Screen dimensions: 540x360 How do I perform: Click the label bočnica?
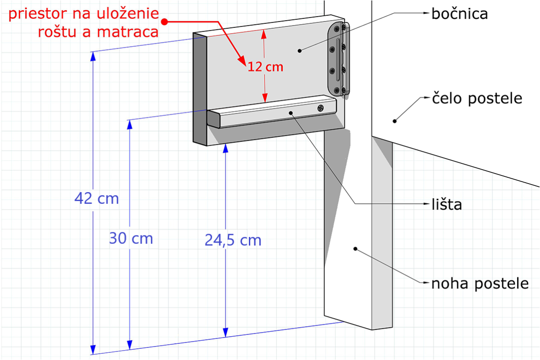(x=459, y=14)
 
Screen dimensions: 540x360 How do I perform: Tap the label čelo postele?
(x=477, y=99)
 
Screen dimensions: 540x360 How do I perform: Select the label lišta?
(x=446, y=204)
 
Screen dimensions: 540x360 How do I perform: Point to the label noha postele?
(x=480, y=283)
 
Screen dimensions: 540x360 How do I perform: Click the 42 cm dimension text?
(x=96, y=199)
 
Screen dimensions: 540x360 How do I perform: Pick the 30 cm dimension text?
(x=131, y=238)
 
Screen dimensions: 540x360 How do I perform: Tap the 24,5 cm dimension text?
(x=233, y=240)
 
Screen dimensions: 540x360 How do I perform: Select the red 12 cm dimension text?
(x=265, y=67)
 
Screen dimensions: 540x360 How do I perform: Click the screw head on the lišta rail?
(x=320, y=108)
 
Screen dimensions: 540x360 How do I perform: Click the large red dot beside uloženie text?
(x=164, y=22)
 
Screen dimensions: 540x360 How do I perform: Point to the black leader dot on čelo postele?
(x=395, y=121)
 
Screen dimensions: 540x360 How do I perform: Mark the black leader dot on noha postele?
(x=355, y=248)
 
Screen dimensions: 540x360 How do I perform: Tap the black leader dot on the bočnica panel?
(x=299, y=51)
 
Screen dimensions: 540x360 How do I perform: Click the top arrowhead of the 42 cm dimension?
(x=93, y=56)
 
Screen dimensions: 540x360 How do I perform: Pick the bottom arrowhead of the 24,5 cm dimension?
(x=225, y=332)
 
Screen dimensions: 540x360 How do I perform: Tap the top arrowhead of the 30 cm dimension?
(x=130, y=124)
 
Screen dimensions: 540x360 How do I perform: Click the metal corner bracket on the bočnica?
(x=338, y=59)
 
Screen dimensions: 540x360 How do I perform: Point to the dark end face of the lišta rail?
(x=213, y=119)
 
